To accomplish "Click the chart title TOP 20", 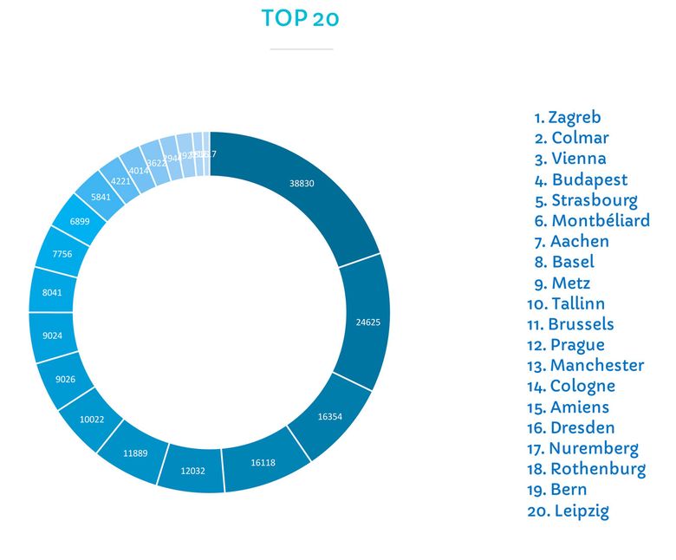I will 300,18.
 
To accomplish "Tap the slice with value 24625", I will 367,322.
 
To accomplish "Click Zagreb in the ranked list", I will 568,117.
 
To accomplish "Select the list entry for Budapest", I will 581,179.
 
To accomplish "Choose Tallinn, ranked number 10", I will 566,303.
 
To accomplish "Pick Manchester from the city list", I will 586,365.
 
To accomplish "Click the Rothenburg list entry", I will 586,469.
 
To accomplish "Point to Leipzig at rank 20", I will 568,511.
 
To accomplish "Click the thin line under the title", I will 301,49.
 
